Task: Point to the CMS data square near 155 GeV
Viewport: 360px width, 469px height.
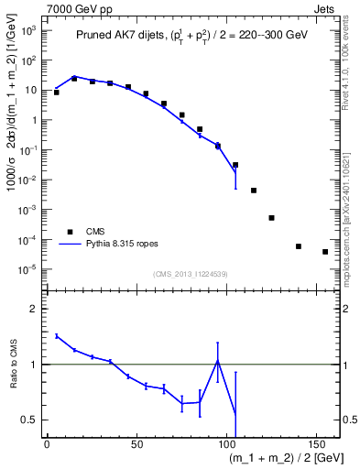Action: (325, 252)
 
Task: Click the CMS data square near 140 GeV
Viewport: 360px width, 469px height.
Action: (299, 246)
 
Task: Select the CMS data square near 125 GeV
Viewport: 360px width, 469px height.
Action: (271, 218)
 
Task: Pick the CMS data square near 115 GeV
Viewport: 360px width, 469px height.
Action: (254, 191)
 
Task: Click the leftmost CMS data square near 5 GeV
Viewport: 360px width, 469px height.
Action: (57, 93)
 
